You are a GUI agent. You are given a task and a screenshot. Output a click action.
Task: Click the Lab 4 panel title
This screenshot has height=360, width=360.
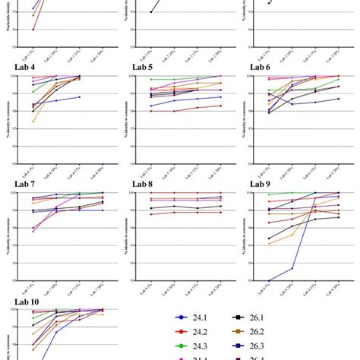click(23, 67)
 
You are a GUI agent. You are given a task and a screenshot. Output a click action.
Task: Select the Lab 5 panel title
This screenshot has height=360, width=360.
click(142, 67)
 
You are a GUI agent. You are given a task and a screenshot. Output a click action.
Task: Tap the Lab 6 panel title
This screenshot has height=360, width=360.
click(261, 67)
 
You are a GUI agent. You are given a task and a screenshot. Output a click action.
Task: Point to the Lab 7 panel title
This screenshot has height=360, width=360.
click(23, 184)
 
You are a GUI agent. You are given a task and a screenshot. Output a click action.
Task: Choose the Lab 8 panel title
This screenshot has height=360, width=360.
click(142, 184)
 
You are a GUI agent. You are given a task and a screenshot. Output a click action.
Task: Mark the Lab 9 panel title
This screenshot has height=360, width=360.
click(261, 184)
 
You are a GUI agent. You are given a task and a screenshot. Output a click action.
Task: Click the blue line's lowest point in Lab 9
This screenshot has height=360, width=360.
click(270, 280)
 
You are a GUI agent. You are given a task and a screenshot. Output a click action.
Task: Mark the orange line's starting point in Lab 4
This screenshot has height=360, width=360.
click(33, 122)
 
